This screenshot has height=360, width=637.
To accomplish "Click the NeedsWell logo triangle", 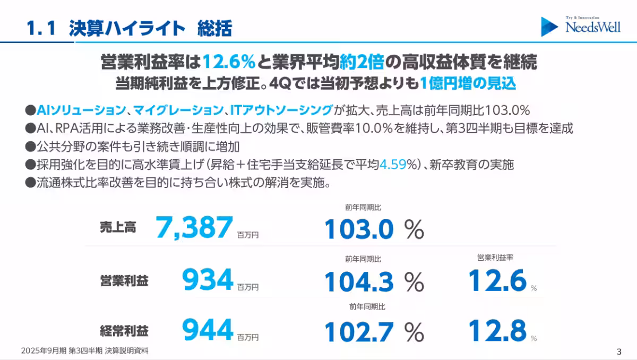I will (x=549, y=27).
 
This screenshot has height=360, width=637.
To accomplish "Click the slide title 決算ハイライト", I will (x=127, y=28).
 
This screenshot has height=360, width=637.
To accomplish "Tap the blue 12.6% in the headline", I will (x=229, y=63).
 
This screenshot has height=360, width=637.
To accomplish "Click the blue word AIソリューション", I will (x=81, y=110).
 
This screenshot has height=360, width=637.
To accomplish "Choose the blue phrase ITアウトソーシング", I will (x=281, y=110).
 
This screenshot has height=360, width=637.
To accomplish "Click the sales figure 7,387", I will (x=194, y=227).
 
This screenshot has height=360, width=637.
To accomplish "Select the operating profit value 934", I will (x=208, y=280).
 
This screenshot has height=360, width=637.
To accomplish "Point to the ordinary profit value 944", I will (x=208, y=330).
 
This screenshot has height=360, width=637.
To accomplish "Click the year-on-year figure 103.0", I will (x=359, y=230).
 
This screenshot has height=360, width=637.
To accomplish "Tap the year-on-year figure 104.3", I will (x=359, y=282).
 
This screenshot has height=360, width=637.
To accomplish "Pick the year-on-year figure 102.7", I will (x=359, y=332).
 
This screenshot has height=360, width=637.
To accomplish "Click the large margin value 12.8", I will (x=497, y=330).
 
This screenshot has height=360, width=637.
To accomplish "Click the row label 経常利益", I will (x=124, y=331).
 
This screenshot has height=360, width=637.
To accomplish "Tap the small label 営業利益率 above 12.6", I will (x=495, y=258).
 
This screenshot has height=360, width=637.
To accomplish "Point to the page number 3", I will (x=619, y=351).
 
